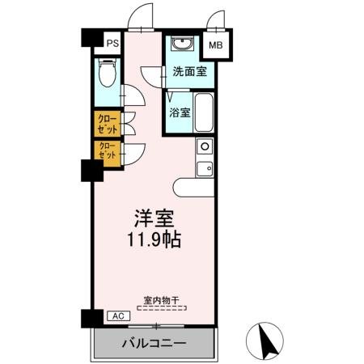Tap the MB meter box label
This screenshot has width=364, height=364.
[x=216, y=44]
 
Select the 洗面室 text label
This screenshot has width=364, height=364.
[x=188, y=71]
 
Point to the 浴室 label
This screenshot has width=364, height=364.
[x=180, y=112]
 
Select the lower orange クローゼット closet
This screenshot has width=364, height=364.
[x=107, y=151]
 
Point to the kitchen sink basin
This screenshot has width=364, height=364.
[x=205, y=168]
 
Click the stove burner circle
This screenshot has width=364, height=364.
[x=205, y=146]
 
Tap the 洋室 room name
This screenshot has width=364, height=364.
[x=154, y=219]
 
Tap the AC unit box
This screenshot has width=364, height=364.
[x=116, y=315]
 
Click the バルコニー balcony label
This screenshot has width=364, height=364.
[x=154, y=343]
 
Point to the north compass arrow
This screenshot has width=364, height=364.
[x=269, y=340]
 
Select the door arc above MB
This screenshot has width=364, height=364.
[x=215, y=20]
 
